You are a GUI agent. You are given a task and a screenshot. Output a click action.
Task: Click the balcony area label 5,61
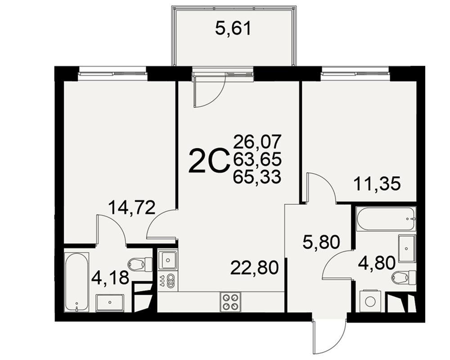(233, 29)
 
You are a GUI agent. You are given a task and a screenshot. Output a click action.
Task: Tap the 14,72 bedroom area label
(132, 207)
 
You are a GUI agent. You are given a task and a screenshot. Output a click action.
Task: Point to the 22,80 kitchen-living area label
(255, 268)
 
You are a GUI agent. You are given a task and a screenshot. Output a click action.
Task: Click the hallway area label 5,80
(321, 242)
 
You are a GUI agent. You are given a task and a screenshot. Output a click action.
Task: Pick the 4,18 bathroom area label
(110, 278)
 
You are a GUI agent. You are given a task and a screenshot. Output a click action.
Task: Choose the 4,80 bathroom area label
(377, 262)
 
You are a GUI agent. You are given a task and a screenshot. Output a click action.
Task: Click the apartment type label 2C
(209, 161)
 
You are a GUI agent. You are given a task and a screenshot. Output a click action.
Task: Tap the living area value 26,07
(257, 142)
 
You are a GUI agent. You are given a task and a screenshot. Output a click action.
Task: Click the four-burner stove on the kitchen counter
(231, 301)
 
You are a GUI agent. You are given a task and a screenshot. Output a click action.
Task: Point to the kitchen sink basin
(167, 260)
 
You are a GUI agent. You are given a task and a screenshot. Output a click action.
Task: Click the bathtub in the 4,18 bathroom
(76, 281)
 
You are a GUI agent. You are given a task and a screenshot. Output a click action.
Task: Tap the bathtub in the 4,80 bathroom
(386, 218)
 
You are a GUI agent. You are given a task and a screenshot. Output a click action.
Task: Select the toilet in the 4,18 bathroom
(140, 264)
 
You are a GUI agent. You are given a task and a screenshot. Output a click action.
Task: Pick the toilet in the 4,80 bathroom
(404, 278)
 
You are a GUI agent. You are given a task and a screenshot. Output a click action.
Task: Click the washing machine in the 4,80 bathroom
(370, 301)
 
